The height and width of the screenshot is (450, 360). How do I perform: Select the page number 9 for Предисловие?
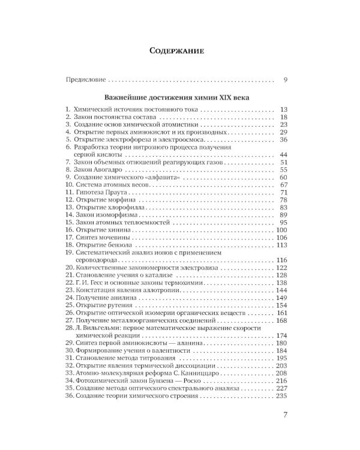point(286,79)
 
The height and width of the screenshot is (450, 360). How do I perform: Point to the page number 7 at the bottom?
point(286,414)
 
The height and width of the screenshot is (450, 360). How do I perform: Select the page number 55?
point(284,170)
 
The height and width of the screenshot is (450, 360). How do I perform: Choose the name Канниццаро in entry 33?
point(197,373)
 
